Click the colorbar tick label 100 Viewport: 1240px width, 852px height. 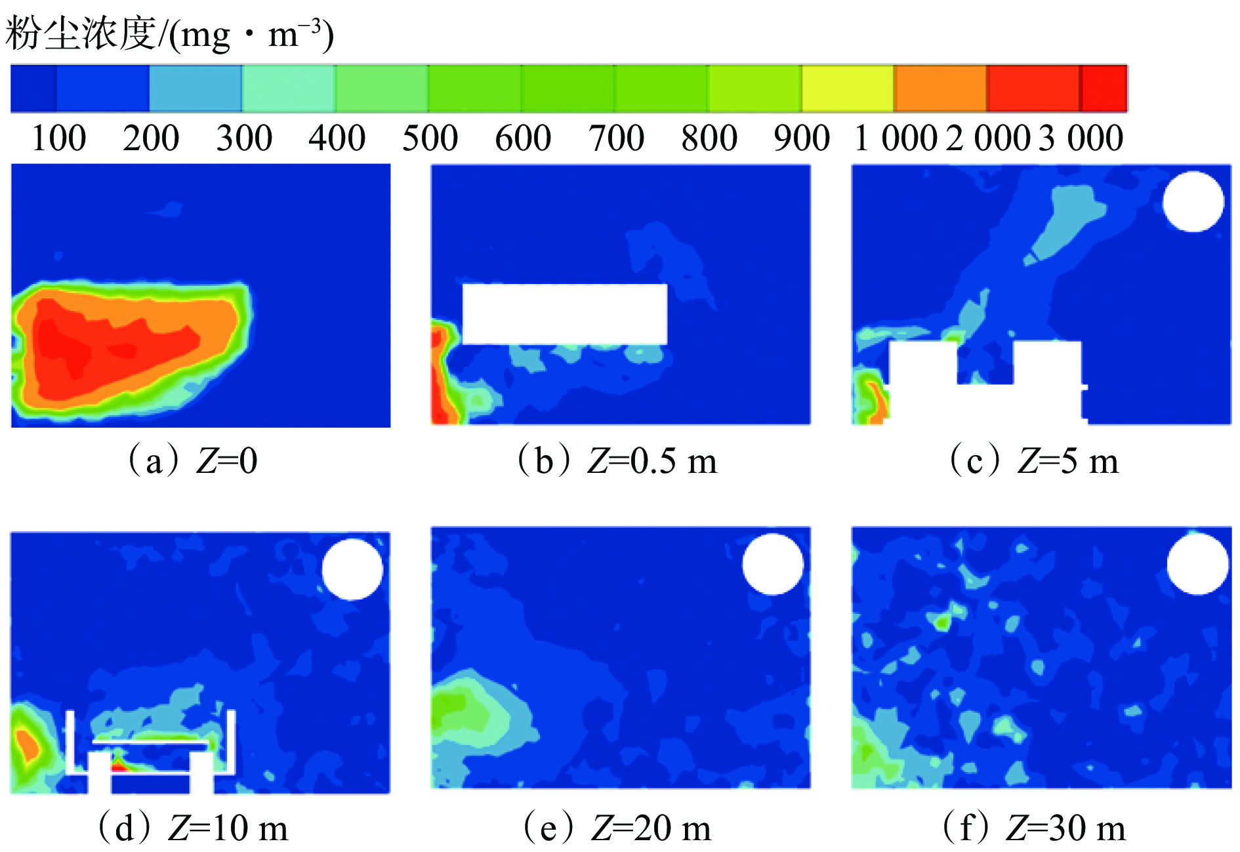tap(58, 138)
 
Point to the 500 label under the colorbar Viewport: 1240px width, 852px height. tap(430, 138)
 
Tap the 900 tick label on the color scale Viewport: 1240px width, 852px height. tap(802, 138)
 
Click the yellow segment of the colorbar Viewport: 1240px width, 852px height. tap(848, 89)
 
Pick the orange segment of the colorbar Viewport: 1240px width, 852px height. tap(941, 89)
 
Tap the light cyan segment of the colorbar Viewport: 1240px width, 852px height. tap(289, 89)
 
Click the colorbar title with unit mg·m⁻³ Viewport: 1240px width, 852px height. tap(169, 34)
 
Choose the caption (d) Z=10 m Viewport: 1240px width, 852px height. tap(193, 828)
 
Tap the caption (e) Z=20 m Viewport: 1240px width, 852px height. tap(617, 828)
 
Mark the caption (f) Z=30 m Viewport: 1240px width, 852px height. tap(1033, 828)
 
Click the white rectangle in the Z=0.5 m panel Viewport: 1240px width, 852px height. tap(565, 314)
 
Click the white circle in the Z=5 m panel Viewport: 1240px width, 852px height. tap(1193, 201)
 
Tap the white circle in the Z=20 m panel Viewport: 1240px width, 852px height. tap(773, 564)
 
